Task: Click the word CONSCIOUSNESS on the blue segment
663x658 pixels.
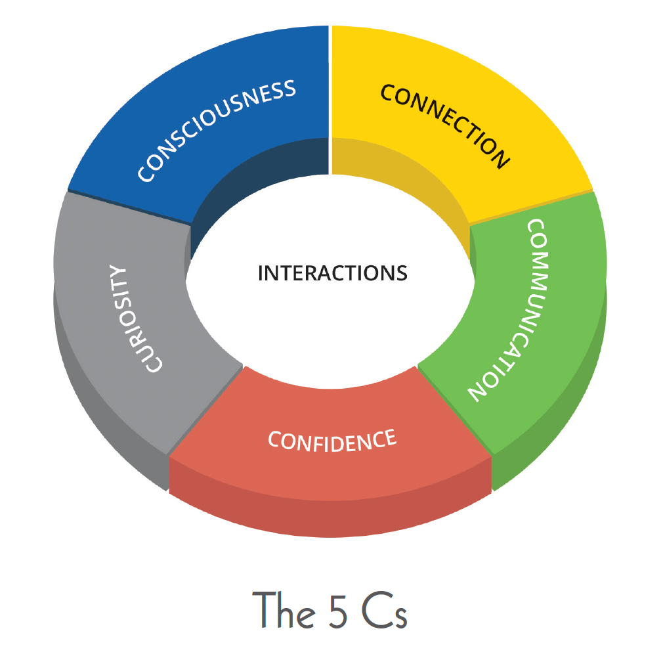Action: pos(217,131)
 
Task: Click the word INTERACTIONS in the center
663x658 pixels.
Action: pos(332,273)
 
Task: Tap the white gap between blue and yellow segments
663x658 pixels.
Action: pos(330,99)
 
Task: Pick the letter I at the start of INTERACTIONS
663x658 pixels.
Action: pos(261,273)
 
